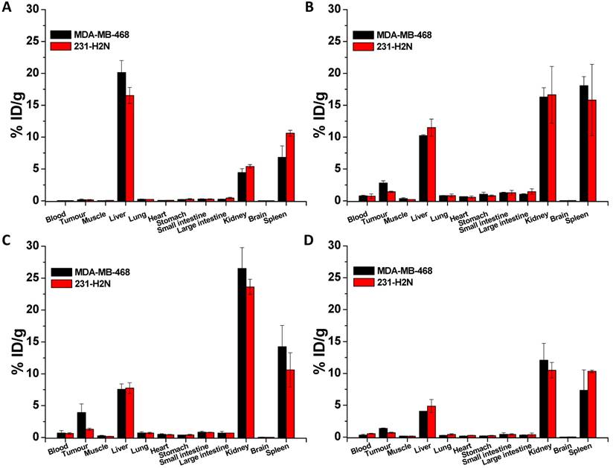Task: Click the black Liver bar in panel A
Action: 121,137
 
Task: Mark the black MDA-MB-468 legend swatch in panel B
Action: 363,34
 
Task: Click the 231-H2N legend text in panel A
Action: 93,46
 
